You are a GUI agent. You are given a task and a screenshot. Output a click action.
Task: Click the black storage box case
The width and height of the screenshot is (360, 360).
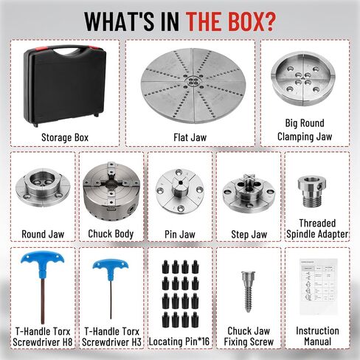coord(65,86)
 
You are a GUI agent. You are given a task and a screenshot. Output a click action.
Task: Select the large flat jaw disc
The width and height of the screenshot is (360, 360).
coord(193,86)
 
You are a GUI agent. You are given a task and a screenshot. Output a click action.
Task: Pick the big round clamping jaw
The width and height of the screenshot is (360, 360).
coord(305,79)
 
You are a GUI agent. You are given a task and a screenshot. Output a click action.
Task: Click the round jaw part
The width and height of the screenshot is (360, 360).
coord(43,187)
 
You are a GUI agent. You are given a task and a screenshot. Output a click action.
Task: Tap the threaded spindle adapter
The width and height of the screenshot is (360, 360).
coord(312,191)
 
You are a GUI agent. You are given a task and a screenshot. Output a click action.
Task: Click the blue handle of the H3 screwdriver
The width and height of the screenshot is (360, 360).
coord(111,269)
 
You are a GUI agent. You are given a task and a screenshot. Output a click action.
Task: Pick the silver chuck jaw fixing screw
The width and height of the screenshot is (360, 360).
coord(248,291)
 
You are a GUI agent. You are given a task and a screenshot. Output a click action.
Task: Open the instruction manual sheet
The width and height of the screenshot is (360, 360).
coord(318,286)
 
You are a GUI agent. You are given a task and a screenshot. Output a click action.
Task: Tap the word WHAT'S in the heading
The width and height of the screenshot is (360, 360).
coord(120,21)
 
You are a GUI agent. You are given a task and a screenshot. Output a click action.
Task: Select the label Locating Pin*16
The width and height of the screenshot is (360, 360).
coord(179,342)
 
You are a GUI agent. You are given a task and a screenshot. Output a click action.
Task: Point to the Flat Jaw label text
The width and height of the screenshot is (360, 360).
coord(190,137)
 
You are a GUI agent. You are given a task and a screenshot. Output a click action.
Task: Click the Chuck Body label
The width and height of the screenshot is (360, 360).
coord(111,234)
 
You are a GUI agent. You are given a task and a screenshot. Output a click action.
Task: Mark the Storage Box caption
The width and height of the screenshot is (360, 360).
coord(65,137)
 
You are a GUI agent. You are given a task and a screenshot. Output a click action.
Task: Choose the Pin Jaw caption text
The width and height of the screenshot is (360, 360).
coord(180,234)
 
